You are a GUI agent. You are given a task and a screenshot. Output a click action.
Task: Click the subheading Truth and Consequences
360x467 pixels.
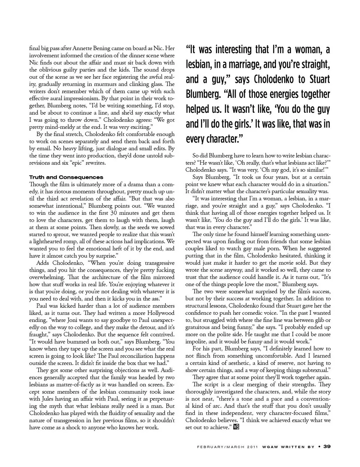[66, 177]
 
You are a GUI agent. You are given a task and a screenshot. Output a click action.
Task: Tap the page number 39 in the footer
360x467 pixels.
[327, 446]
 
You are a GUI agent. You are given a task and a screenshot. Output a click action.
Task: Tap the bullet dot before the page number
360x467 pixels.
[319, 446]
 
